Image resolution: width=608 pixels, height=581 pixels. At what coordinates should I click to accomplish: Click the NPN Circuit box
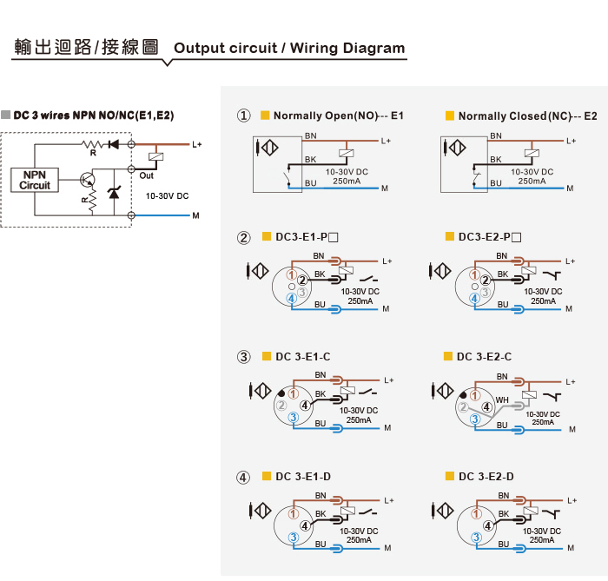click(35, 181)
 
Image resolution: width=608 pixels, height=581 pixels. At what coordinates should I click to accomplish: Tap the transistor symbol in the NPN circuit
click(87, 180)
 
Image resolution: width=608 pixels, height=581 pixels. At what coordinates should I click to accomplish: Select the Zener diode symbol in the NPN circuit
click(114, 192)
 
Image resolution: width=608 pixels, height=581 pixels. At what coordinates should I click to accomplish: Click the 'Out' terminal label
click(147, 175)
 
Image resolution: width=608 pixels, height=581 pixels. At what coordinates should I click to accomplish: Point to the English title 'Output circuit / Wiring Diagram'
click(289, 48)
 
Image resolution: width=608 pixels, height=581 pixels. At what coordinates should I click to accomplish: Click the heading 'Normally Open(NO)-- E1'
click(339, 116)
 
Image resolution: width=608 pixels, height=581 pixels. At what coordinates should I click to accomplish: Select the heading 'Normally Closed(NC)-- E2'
click(528, 116)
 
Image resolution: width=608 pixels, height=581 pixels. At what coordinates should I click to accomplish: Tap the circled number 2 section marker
click(243, 237)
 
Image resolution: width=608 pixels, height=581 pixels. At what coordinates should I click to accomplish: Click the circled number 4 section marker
click(243, 477)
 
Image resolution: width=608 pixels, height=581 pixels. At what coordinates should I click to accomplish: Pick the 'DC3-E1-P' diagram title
click(307, 237)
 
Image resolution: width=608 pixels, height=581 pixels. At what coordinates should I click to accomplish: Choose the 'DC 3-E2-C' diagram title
click(485, 357)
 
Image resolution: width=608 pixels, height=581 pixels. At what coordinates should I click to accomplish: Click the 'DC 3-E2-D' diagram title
click(486, 476)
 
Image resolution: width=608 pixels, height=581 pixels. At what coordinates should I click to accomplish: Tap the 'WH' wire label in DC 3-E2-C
click(502, 400)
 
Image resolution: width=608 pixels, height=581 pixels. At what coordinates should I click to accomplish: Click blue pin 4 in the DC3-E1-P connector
click(292, 299)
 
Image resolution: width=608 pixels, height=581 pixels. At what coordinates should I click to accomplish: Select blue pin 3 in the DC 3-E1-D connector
click(294, 538)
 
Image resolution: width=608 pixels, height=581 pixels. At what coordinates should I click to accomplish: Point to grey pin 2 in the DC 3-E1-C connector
click(281, 406)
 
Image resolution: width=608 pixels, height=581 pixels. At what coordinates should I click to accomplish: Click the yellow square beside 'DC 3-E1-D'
click(267, 476)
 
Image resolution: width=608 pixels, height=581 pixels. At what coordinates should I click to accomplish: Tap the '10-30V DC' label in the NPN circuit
click(167, 196)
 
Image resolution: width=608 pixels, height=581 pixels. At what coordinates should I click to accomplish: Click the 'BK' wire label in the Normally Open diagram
click(310, 159)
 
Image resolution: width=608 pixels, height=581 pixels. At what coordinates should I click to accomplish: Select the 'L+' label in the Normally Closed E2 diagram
click(571, 141)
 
